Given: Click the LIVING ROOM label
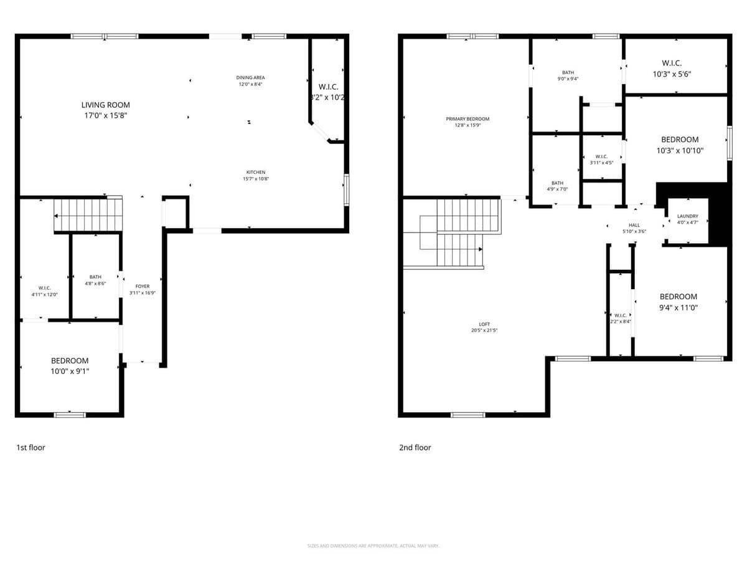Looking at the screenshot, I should point(105,105).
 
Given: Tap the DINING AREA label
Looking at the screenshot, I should point(250,77).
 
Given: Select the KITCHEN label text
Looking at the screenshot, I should point(255,172).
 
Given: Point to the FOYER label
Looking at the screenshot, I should point(142,286).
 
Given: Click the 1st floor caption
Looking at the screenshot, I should point(31,447).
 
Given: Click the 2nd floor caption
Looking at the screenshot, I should point(415,447).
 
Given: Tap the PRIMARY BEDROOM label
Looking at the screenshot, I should point(467,118).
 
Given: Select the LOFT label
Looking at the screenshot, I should point(484,324).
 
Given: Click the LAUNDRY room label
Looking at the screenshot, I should point(687,216).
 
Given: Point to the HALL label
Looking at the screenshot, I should point(634,225).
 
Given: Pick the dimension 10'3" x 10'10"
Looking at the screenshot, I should point(679,150).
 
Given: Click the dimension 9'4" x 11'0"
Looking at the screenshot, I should point(679,307).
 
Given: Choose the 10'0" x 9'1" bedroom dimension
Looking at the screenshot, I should point(70,371).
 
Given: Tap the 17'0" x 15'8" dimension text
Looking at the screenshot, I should point(105,115).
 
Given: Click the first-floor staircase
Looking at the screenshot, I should point(87,215).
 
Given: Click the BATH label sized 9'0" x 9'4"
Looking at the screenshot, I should point(567,72).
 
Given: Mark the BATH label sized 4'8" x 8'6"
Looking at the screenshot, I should point(95,277).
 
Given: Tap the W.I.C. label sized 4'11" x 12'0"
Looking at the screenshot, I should point(44,288).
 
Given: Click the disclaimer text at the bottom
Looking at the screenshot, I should point(374,546).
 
